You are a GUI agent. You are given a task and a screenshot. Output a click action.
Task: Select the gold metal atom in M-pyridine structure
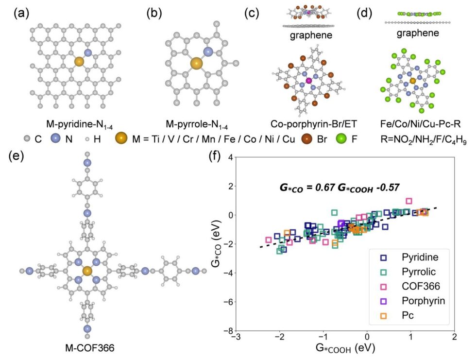tap(79, 62)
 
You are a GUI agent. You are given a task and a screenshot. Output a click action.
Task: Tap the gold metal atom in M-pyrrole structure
tap(196, 64)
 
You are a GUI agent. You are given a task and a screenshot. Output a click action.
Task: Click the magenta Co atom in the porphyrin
tap(309, 81)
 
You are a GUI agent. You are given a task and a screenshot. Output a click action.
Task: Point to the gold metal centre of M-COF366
tap(87, 271)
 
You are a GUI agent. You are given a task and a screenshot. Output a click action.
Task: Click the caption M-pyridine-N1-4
tap(80, 125)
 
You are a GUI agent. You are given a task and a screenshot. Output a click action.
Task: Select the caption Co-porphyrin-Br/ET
tap(314, 124)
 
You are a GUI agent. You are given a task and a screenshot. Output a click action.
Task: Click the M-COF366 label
tap(90, 347)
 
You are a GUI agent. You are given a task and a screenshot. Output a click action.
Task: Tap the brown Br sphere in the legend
tap(307, 139)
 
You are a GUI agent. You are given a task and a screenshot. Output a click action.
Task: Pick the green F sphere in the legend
tap(341, 139)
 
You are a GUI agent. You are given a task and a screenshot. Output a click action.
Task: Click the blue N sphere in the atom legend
tap(56, 139)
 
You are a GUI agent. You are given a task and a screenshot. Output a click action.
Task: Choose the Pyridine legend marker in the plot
tap(383, 257)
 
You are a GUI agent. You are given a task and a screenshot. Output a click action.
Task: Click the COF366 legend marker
tap(383, 287)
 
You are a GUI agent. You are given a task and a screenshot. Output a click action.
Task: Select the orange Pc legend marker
tap(383, 316)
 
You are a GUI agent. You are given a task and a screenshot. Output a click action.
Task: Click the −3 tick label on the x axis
tap(236, 337)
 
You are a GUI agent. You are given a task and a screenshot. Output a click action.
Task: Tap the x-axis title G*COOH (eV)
tap(345, 348)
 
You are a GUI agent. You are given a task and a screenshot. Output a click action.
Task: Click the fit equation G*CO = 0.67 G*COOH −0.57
tap(340, 188)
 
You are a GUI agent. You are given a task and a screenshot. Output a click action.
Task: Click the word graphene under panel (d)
tap(418, 33)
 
